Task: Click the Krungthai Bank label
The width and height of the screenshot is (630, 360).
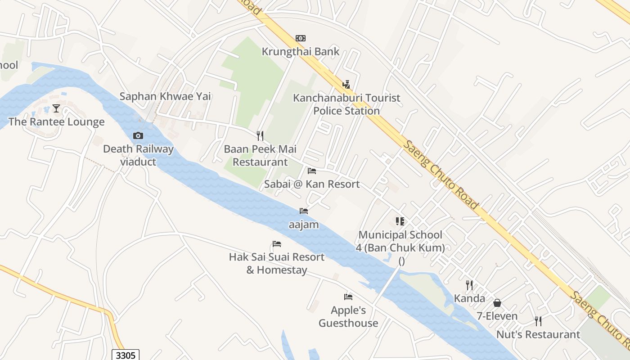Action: tap(301, 52)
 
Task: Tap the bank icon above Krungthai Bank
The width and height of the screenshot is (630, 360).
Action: tap(301, 38)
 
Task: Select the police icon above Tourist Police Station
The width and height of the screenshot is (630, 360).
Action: tap(346, 84)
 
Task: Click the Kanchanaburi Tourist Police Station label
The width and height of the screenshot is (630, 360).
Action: tap(346, 104)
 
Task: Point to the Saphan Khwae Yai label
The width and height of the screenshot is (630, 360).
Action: tap(165, 96)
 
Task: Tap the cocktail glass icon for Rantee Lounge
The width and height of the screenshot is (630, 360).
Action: tap(56, 108)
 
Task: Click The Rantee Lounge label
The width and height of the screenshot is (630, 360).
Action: tap(56, 122)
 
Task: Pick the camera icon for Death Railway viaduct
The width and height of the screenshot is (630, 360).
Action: tap(138, 135)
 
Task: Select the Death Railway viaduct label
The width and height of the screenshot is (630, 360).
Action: tap(138, 155)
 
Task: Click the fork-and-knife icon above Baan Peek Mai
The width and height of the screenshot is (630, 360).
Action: tap(260, 135)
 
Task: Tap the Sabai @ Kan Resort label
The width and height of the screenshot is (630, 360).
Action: tap(312, 184)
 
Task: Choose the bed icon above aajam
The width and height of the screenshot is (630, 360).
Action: tap(304, 211)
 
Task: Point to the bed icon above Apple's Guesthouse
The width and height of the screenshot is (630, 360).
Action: tap(348, 297)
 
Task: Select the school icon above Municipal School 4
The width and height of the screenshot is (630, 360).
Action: tap(400, 221)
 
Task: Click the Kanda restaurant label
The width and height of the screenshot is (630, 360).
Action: tap(469, 298)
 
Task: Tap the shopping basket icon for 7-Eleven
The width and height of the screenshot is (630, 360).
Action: tap(497, 303)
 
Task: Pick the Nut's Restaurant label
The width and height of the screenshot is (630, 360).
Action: tap(538, 335)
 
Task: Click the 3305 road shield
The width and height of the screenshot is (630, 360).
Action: tap(126, 355)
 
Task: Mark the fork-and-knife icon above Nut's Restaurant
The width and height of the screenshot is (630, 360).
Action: tap(538, 321)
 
